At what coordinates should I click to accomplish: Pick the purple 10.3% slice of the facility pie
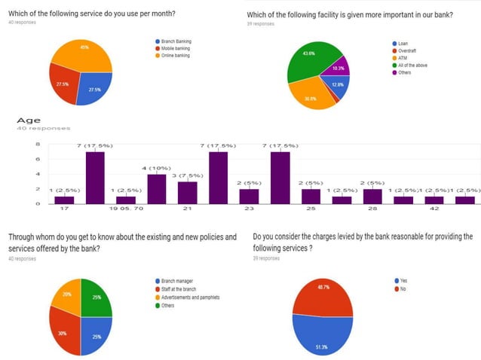pyautogui.click(x=339, y=68)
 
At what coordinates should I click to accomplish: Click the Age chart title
pyautogui.click(x=29, y=120)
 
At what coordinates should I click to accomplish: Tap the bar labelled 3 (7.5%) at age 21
pyautogui.click(x=187, y=193)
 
